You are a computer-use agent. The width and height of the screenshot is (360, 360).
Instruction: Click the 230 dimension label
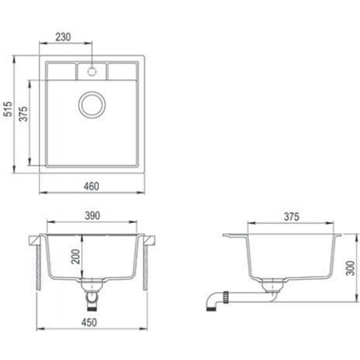[x=63, y=37]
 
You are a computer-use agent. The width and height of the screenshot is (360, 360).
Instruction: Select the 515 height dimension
[x=8, y=109]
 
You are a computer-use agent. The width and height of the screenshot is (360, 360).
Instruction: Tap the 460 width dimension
[x=91, y=186]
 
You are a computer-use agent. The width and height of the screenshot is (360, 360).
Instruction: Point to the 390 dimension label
[x=93, y=216]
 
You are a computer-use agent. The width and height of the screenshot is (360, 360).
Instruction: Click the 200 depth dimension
[x=76, y=256]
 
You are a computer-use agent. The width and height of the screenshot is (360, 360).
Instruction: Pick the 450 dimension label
[x=89, y=322]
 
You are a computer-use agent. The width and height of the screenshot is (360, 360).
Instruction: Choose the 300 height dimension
[x=350, y=268]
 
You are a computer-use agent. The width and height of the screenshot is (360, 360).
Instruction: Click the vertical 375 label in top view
[x=23, y=114]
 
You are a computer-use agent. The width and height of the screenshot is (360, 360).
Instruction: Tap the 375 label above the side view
[x=292, y=216]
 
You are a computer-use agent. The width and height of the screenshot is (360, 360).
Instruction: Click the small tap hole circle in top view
[x=92, y=72]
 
